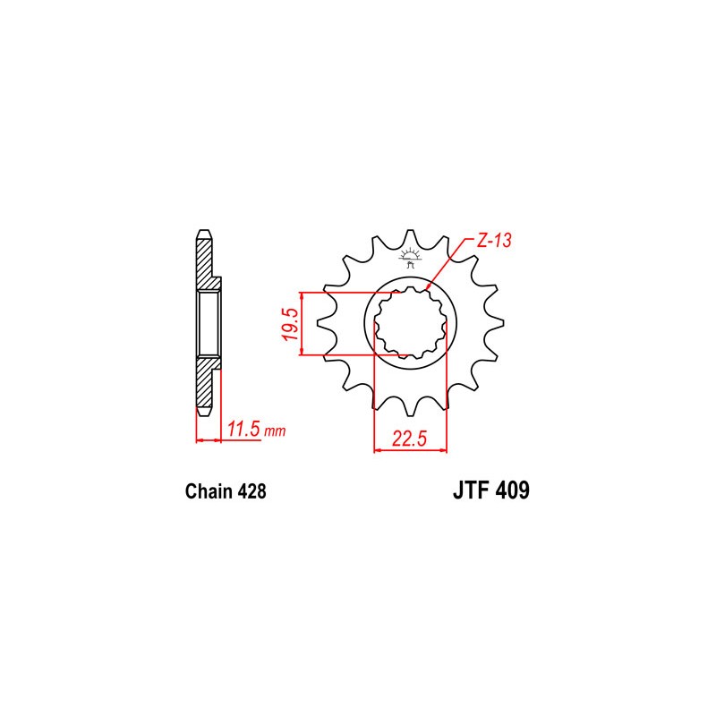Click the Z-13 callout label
(494, 241)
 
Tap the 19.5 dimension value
(290, 324)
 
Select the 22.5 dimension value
(409, 439)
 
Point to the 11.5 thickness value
(244, 430)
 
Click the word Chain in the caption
(209, 491)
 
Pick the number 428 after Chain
(251, 491)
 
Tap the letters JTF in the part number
(471, 490)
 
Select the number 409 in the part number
(512, 490)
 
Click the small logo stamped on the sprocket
(410, 258)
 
